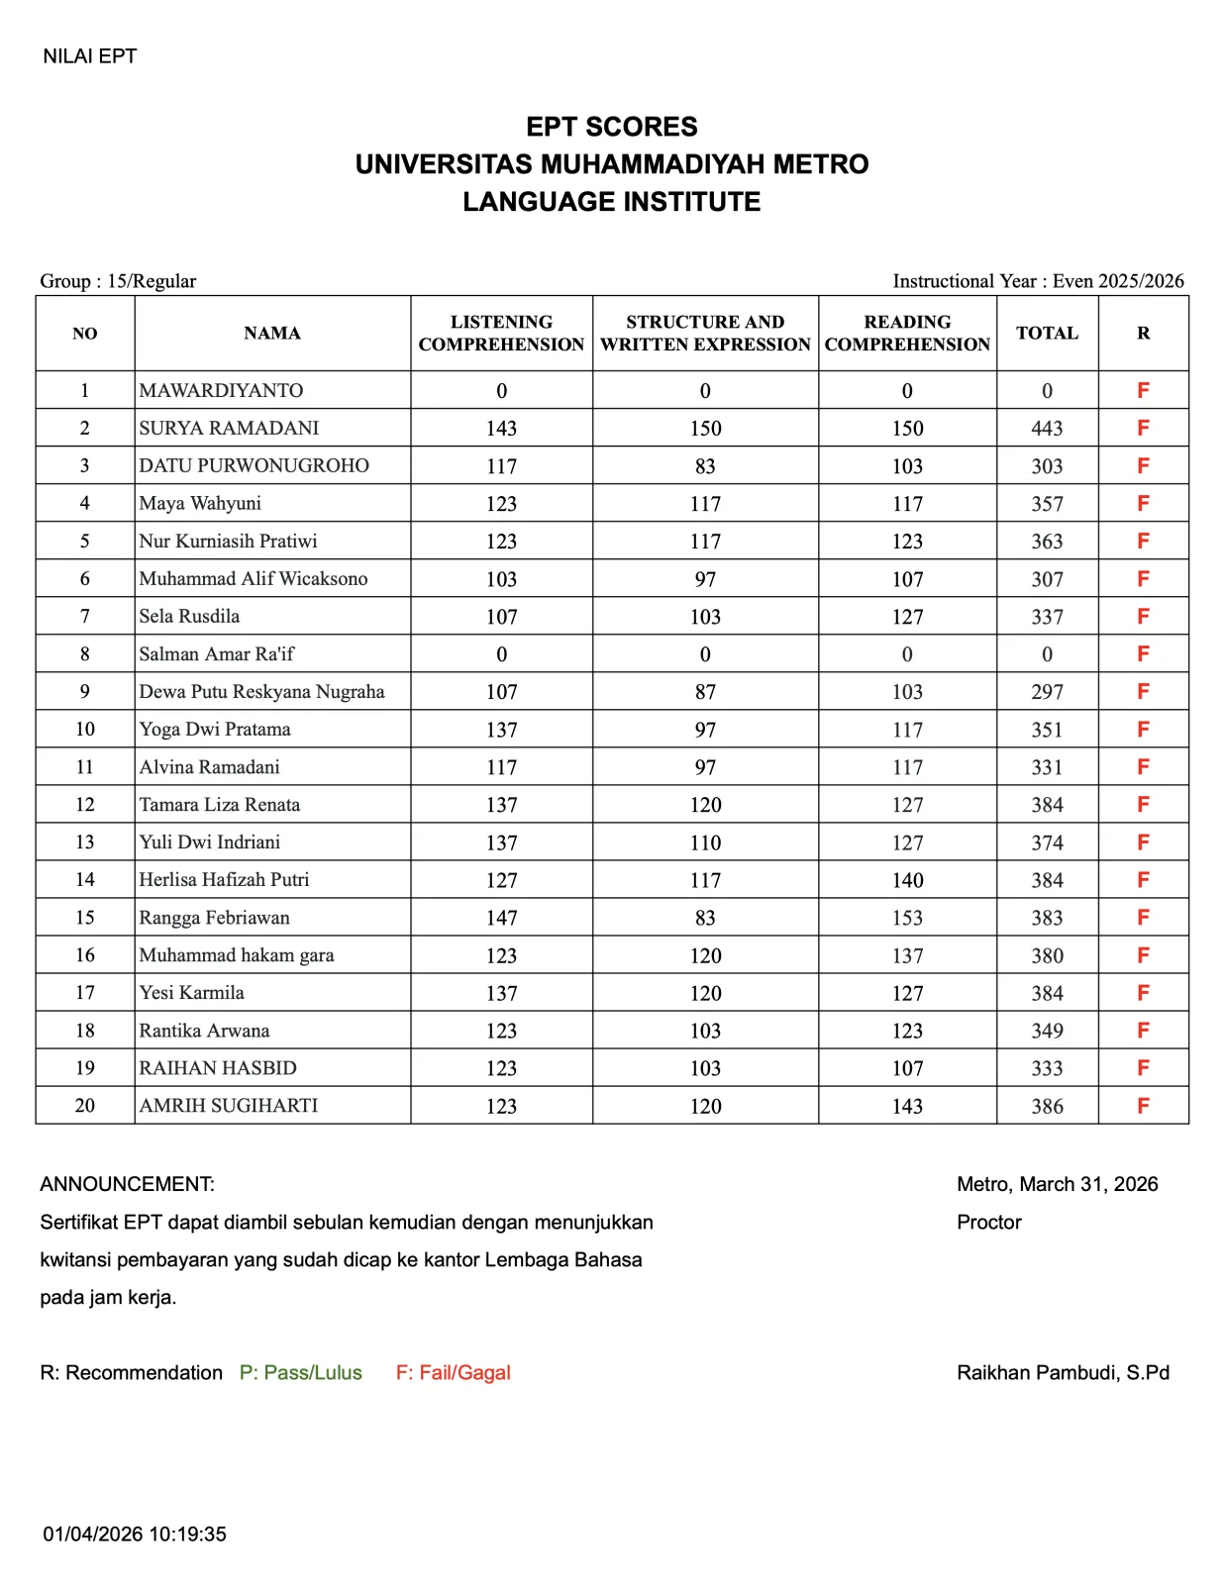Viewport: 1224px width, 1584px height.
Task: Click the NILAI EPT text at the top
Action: point(89,56)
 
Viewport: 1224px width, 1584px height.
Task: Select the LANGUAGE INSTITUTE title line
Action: point(611,202)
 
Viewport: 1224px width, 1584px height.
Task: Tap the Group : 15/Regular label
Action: point(118,281)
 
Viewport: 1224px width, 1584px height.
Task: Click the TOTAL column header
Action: point(1047,334)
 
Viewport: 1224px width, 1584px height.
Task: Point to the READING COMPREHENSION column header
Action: point(906,334)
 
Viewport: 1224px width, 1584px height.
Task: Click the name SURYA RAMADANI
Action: point(229,428)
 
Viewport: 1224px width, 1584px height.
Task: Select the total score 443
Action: point(1047,429)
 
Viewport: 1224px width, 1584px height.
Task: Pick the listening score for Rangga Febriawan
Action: point(501,918)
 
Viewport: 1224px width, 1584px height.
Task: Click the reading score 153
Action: point(906,918)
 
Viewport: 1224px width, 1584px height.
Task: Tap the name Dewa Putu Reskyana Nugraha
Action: point(261,691)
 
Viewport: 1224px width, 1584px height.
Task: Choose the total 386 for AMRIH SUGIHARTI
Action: point(1047,1106)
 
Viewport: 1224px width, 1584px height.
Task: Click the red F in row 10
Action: point(1143,730)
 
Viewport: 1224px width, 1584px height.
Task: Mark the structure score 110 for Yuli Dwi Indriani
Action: point(705,842)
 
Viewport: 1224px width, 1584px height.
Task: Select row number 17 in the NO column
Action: point(85,993)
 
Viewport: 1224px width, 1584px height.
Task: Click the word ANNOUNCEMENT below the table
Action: point(127,1184)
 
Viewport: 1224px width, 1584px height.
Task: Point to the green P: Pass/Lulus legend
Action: point(301,1373)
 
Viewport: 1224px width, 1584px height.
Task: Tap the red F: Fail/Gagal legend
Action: point(454,1373)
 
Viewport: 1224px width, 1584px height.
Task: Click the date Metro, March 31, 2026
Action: point(1057,1184)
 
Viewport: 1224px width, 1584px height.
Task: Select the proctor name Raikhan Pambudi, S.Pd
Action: point(1063,1373)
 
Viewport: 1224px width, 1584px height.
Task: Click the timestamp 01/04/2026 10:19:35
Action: point(135,1534)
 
